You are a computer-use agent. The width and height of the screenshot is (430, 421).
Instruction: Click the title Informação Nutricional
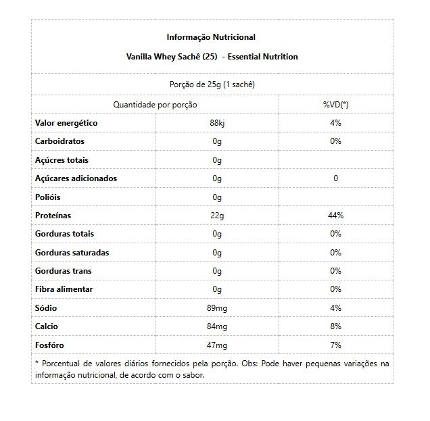(x=211, y=37)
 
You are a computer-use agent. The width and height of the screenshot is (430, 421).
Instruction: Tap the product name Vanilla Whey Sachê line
(x=211, y=57)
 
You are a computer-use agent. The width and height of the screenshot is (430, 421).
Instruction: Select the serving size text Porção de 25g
(x=211, y=85)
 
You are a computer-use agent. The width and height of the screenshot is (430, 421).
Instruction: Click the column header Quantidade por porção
(x=155, y=105)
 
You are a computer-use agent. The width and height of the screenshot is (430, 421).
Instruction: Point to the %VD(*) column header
(x=335, y=105)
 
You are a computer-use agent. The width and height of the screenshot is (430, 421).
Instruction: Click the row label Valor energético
(x=66, y=123)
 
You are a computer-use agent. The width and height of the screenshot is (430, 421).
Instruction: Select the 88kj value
(x=217, y=123)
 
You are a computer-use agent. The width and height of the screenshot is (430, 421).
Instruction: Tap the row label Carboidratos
(x=60, y=141)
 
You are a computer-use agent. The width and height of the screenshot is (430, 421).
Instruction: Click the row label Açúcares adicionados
(x=76, y=178)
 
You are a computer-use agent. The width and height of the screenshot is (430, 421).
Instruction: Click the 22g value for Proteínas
(x=217, y=216)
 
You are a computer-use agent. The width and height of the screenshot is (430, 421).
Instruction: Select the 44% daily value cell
(x=335, y=216)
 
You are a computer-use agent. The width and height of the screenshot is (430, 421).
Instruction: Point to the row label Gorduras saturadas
(x=72, y=253)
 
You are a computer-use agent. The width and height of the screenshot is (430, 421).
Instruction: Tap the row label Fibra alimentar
(x=64, y=290)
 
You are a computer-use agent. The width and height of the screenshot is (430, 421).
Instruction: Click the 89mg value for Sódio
(x=217, y=308)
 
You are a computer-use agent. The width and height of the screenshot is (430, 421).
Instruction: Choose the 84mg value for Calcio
(x=217, y=327)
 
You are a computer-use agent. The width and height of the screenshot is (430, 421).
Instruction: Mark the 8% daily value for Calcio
(x=335, y=327)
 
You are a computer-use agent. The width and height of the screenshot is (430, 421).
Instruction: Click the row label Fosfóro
(x=51, y=345)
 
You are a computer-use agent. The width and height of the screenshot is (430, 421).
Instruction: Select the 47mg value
(x=217, y=345)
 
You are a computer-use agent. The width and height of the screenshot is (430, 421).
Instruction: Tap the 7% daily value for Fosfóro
(x=335, y=345)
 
